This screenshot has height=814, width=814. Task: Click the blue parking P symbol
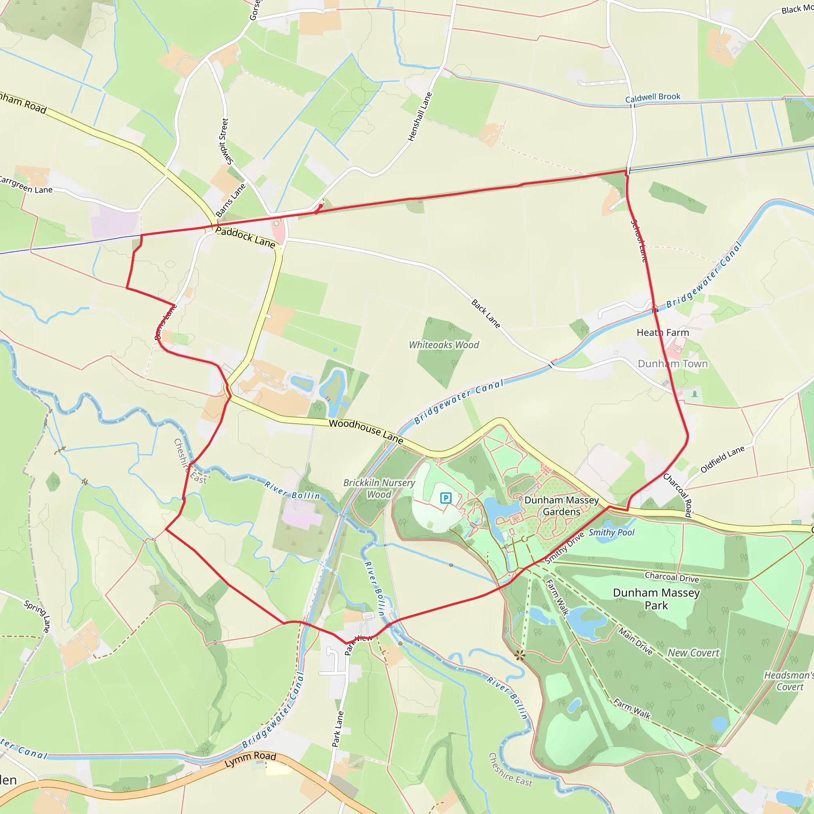445,498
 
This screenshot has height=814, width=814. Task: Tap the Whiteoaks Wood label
444,345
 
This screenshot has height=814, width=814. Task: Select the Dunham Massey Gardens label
561,506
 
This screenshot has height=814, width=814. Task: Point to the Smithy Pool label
611,533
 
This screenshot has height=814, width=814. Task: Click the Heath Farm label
663,332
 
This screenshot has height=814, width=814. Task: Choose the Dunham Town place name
673,364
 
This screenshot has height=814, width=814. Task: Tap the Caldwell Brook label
653,97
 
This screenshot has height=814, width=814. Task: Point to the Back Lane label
486,314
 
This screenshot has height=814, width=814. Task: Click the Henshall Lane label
420,117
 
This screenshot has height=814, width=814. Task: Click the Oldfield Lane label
722,459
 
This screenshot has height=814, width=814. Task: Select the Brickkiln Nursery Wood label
379,488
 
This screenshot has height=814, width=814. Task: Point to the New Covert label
694,653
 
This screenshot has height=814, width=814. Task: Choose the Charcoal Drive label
672,577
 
